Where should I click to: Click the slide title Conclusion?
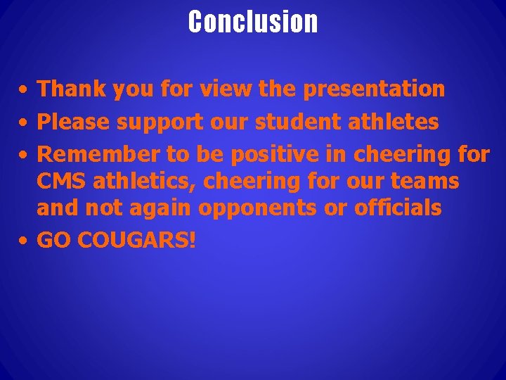(x=253, y=22)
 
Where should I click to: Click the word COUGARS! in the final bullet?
(x=137, y=241)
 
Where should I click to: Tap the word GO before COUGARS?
(x=54, y=241)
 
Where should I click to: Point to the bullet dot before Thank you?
(x=24, y=90)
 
